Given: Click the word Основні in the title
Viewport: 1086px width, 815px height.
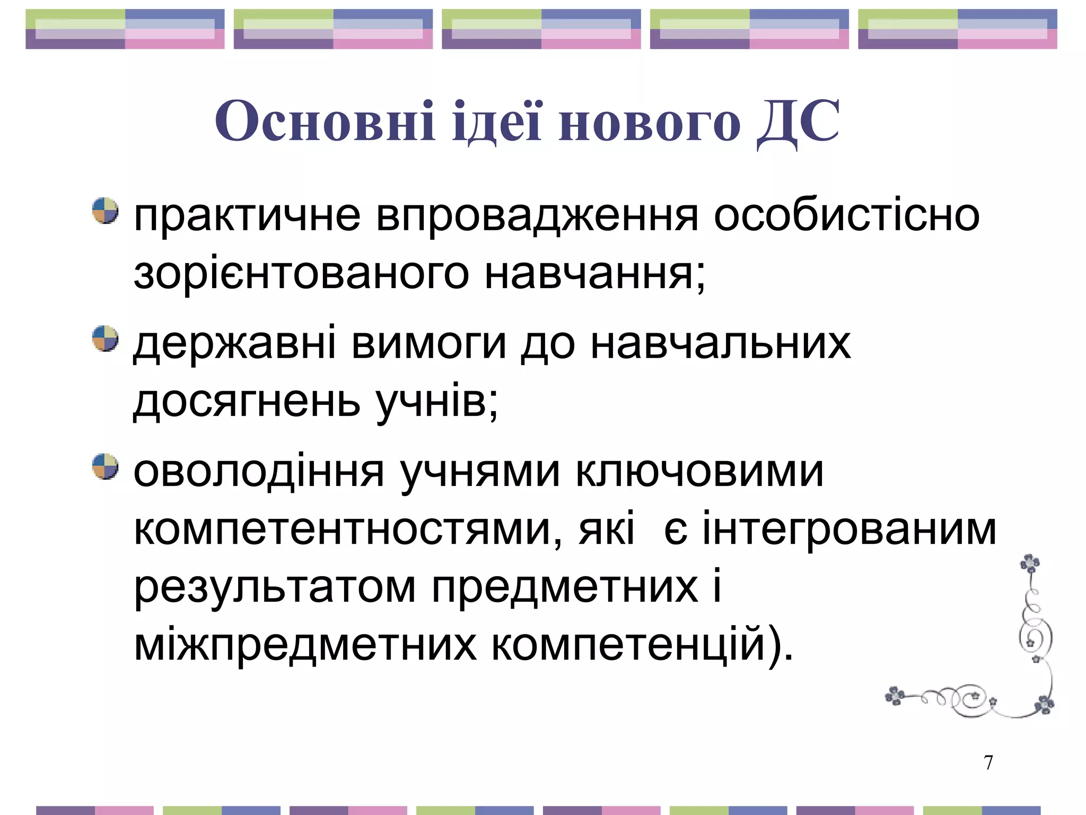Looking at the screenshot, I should [x=325, y=122].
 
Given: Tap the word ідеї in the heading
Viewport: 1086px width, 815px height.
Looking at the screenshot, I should [x=497, y=122].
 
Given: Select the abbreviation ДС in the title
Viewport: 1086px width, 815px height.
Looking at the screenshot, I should [x=798, y=122].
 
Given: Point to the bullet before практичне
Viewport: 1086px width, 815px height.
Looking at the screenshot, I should [x=105, y=211].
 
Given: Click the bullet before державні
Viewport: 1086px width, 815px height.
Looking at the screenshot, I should [x=105, y=339].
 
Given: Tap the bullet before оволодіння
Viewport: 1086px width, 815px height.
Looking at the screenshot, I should [x=105, y=466].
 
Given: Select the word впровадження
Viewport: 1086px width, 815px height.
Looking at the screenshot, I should [x=537, y=216].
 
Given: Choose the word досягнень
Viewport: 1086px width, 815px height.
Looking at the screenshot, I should [x=247, y=402].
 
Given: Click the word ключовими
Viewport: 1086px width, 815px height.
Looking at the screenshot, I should [x=699, y=471].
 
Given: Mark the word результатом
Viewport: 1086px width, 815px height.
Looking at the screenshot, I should [x=275, y=588].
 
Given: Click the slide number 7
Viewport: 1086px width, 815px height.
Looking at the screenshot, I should [x=988, y=762].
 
